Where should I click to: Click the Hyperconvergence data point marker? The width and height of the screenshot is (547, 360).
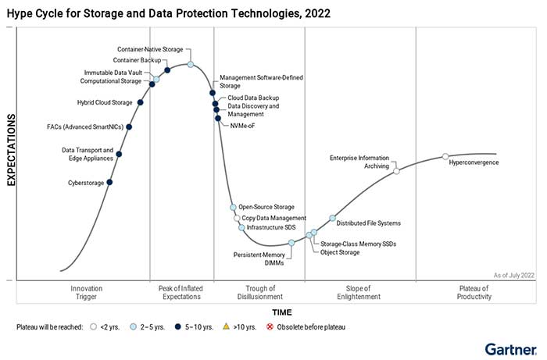[x=445, y=157]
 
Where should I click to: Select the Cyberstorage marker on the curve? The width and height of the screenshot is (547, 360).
[x=109, y=183]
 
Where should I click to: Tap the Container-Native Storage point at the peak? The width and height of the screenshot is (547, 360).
[x=191, y=64]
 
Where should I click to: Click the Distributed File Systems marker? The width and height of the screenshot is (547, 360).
[x=332, y=218]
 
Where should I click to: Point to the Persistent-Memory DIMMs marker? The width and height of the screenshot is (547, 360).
[x=291, y=243]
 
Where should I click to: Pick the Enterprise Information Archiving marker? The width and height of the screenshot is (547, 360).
[x=396, y=170]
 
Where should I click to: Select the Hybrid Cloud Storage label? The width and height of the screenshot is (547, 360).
[x=105, y=102]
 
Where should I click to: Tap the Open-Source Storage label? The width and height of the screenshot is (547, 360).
[x=266, y=207]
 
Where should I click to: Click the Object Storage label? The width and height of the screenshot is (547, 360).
[x=340, y=252]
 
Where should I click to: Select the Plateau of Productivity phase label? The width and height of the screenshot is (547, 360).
[x=474, y=292]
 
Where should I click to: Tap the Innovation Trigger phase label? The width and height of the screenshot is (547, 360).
[x=86, y=292]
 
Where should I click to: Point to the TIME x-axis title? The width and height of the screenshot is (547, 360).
[x=282, y=312]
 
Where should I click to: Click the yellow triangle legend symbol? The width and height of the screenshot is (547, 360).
[x=226, y=327]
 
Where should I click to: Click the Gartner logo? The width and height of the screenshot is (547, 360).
[x=510, y=348]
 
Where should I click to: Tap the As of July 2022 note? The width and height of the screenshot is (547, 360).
[x=514, y=275]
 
